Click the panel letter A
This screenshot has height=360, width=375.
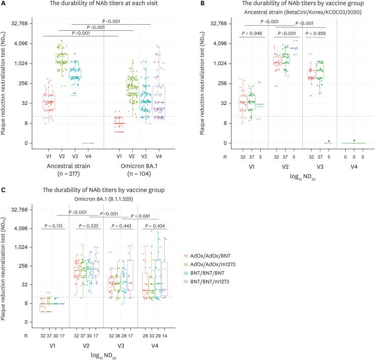3,5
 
